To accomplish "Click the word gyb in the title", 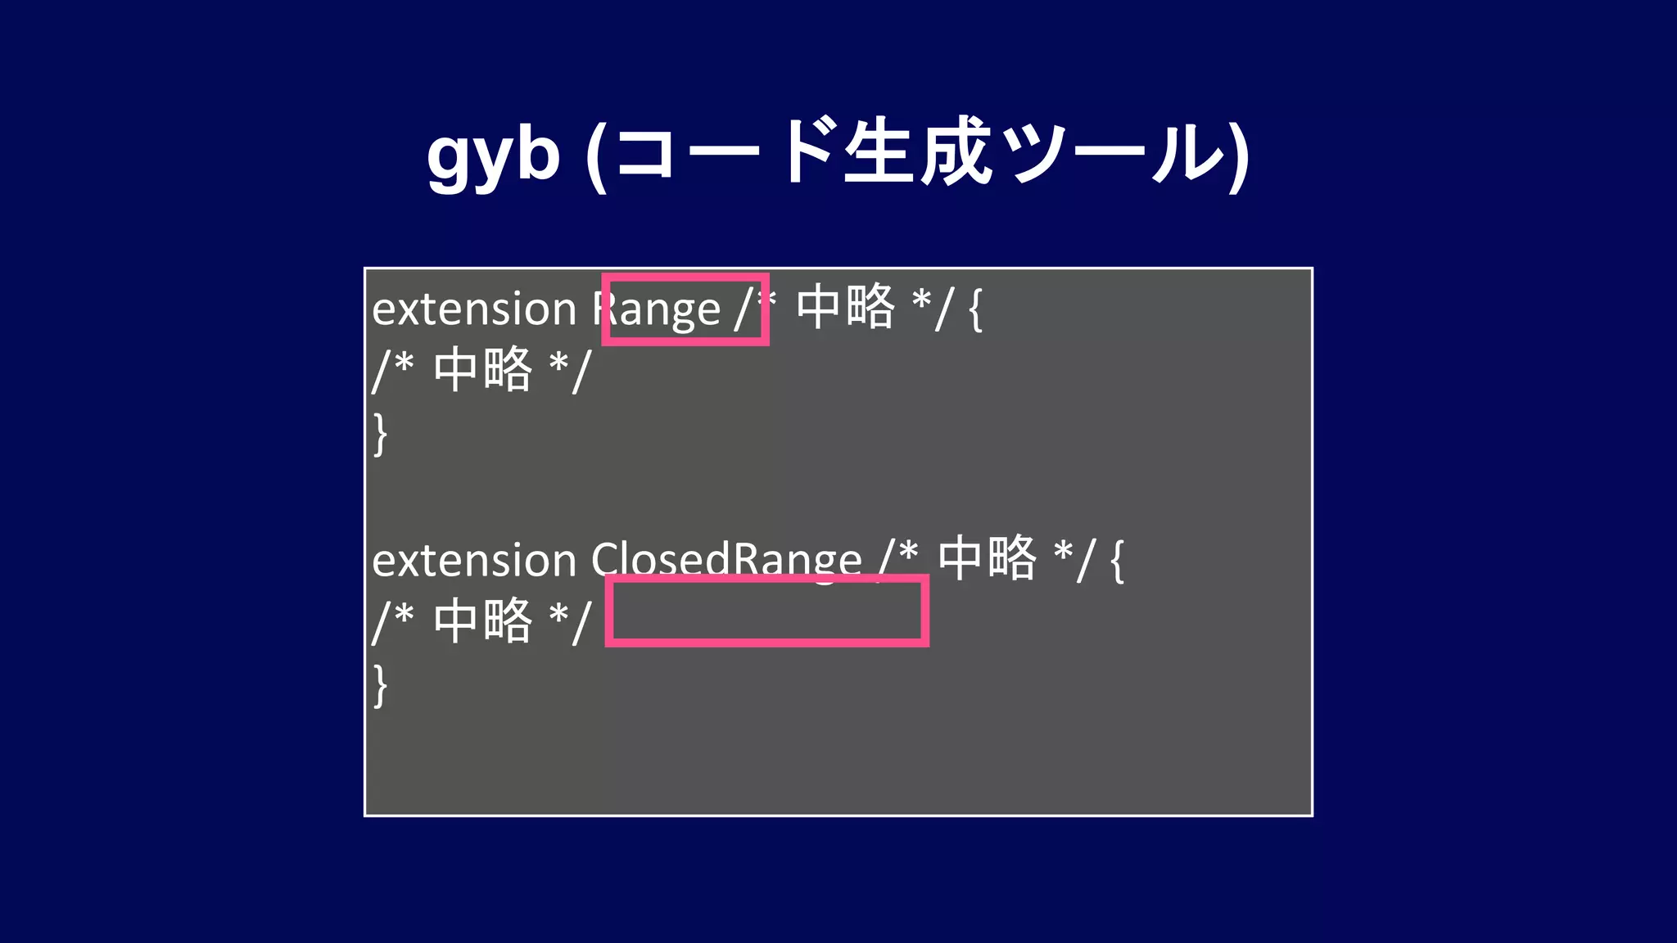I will click(493, 156).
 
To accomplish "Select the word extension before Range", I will click(474, 309).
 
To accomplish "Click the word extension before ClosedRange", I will click(474, 561).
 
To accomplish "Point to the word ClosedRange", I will click(726, 561).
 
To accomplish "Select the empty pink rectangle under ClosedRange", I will click(766, 611).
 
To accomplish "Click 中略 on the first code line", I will click(846, 307).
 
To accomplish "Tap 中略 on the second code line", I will click(483, 370).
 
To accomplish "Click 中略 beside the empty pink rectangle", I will click(483, 621).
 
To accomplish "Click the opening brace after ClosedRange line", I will click(1118, 561).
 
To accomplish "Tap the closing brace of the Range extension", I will click(380, 434).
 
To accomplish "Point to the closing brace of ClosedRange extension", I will click(380, 685).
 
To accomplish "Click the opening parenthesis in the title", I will click(597, 157).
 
